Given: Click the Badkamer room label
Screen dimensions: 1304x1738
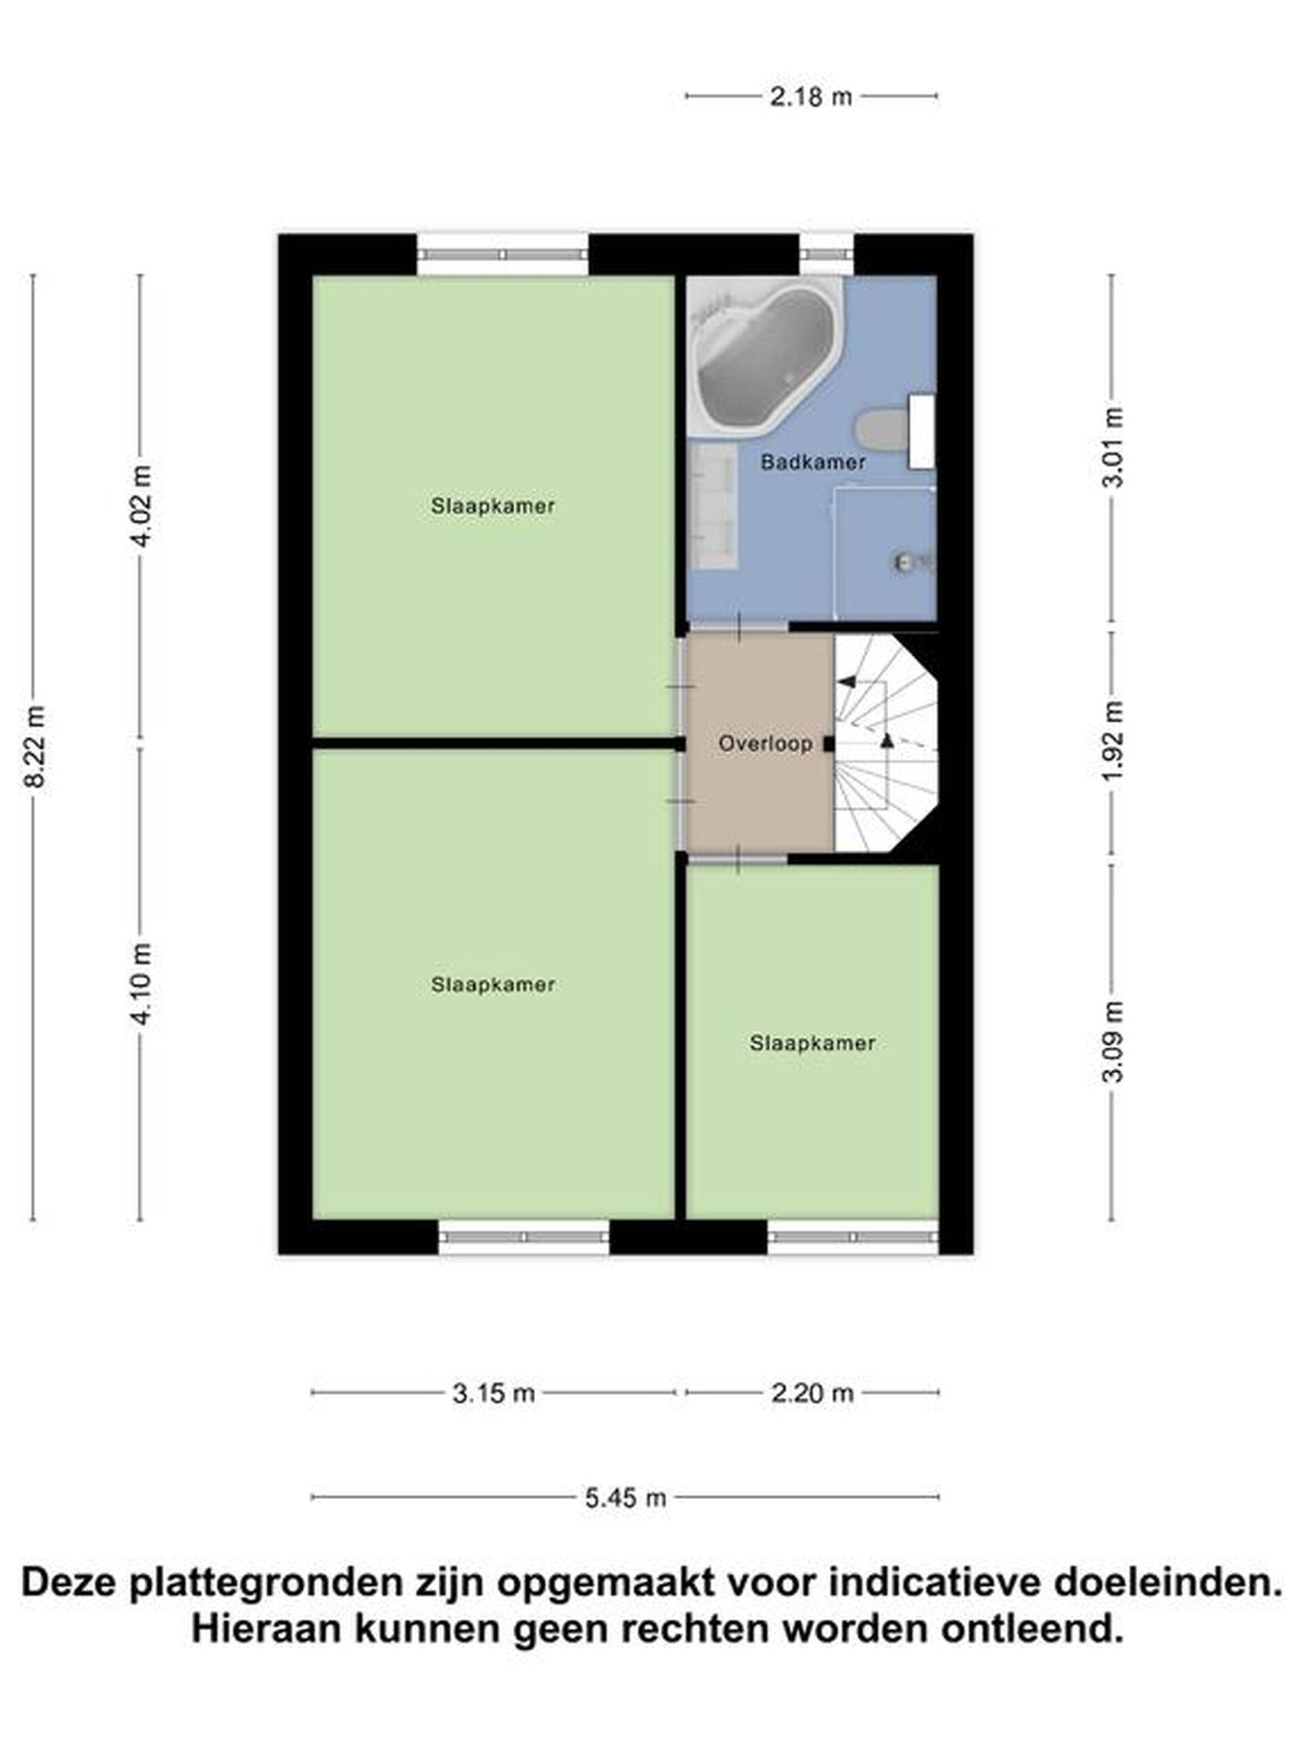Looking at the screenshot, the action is [x=813, y=463].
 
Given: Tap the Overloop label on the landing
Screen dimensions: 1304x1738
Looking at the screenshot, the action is [x=765, y=743].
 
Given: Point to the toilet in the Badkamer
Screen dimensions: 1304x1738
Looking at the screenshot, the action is [x=895, y=430].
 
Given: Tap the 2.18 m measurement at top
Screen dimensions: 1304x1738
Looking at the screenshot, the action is [x=810, y=96].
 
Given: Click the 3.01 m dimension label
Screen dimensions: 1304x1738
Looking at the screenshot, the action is [x=1113, y=448].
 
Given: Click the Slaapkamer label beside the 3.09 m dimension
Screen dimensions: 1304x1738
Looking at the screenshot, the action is [x=812, y=1043].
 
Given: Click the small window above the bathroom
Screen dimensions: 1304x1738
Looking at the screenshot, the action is [x=827, y=255].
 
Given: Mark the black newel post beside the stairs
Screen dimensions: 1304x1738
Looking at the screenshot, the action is [x=829, y=743].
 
